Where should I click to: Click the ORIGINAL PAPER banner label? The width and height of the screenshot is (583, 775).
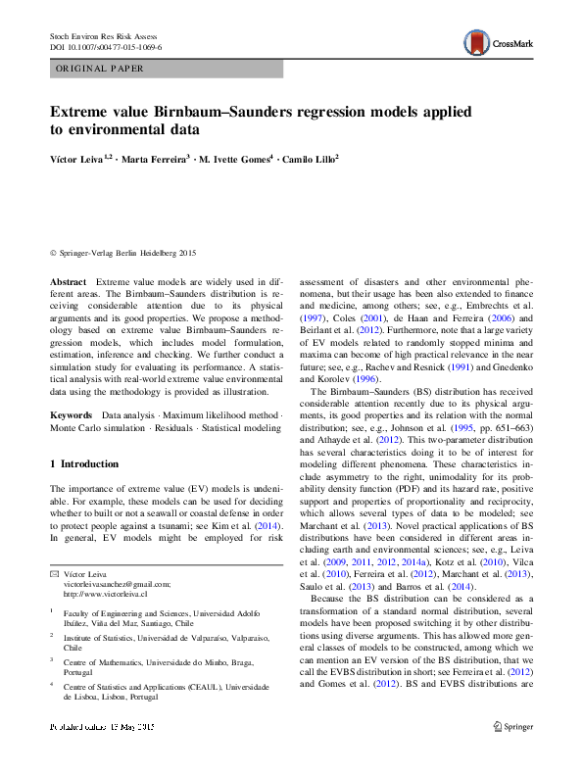[100, 69]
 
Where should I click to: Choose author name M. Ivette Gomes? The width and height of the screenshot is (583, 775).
[234, 160]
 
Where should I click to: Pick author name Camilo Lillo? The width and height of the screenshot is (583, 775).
[309, 160]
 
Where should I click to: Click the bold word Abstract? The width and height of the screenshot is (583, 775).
[67, 280]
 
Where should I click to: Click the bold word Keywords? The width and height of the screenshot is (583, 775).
[72, 415]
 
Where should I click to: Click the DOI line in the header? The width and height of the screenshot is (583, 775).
[106, 46]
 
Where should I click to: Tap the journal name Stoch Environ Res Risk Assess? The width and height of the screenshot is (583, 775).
[110, 35]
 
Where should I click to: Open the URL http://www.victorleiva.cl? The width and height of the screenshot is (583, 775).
[105, 594]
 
